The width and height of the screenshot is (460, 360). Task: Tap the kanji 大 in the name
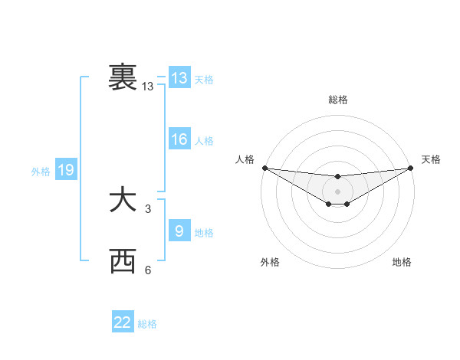(x=123, y=201)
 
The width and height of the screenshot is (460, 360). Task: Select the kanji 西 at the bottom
(x=123, y=262)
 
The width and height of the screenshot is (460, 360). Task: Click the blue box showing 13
(x=179, y=78)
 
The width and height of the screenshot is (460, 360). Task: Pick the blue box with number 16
(x=179, y=139)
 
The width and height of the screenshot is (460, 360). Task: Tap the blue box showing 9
(x=179, y=230)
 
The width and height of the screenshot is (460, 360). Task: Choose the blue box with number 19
(x=66, y=170)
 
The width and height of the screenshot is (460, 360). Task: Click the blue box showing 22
(x=123, y=322)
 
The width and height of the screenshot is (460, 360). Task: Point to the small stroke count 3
(x=148, y=208)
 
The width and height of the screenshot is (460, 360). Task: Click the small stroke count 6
(x=148, y=270)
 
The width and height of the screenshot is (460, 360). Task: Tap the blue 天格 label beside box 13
(x=204, y=80)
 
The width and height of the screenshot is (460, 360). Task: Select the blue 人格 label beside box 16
(x=204, y=141)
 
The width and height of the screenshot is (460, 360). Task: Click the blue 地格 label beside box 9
(x=204, y=233)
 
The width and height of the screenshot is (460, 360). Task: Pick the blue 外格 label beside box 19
(x=41, y=172)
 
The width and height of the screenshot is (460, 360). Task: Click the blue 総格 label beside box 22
(x=147, y=325)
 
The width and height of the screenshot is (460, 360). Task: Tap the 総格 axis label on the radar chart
(x=337, y=100)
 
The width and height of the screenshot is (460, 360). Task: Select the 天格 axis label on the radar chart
(x=431, y=159)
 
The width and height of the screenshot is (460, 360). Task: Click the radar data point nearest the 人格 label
(x=264, y=168)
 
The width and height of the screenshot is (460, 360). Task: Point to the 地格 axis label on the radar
(x=402, y=263)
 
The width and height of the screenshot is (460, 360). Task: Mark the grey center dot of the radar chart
(x=337, y=191)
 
